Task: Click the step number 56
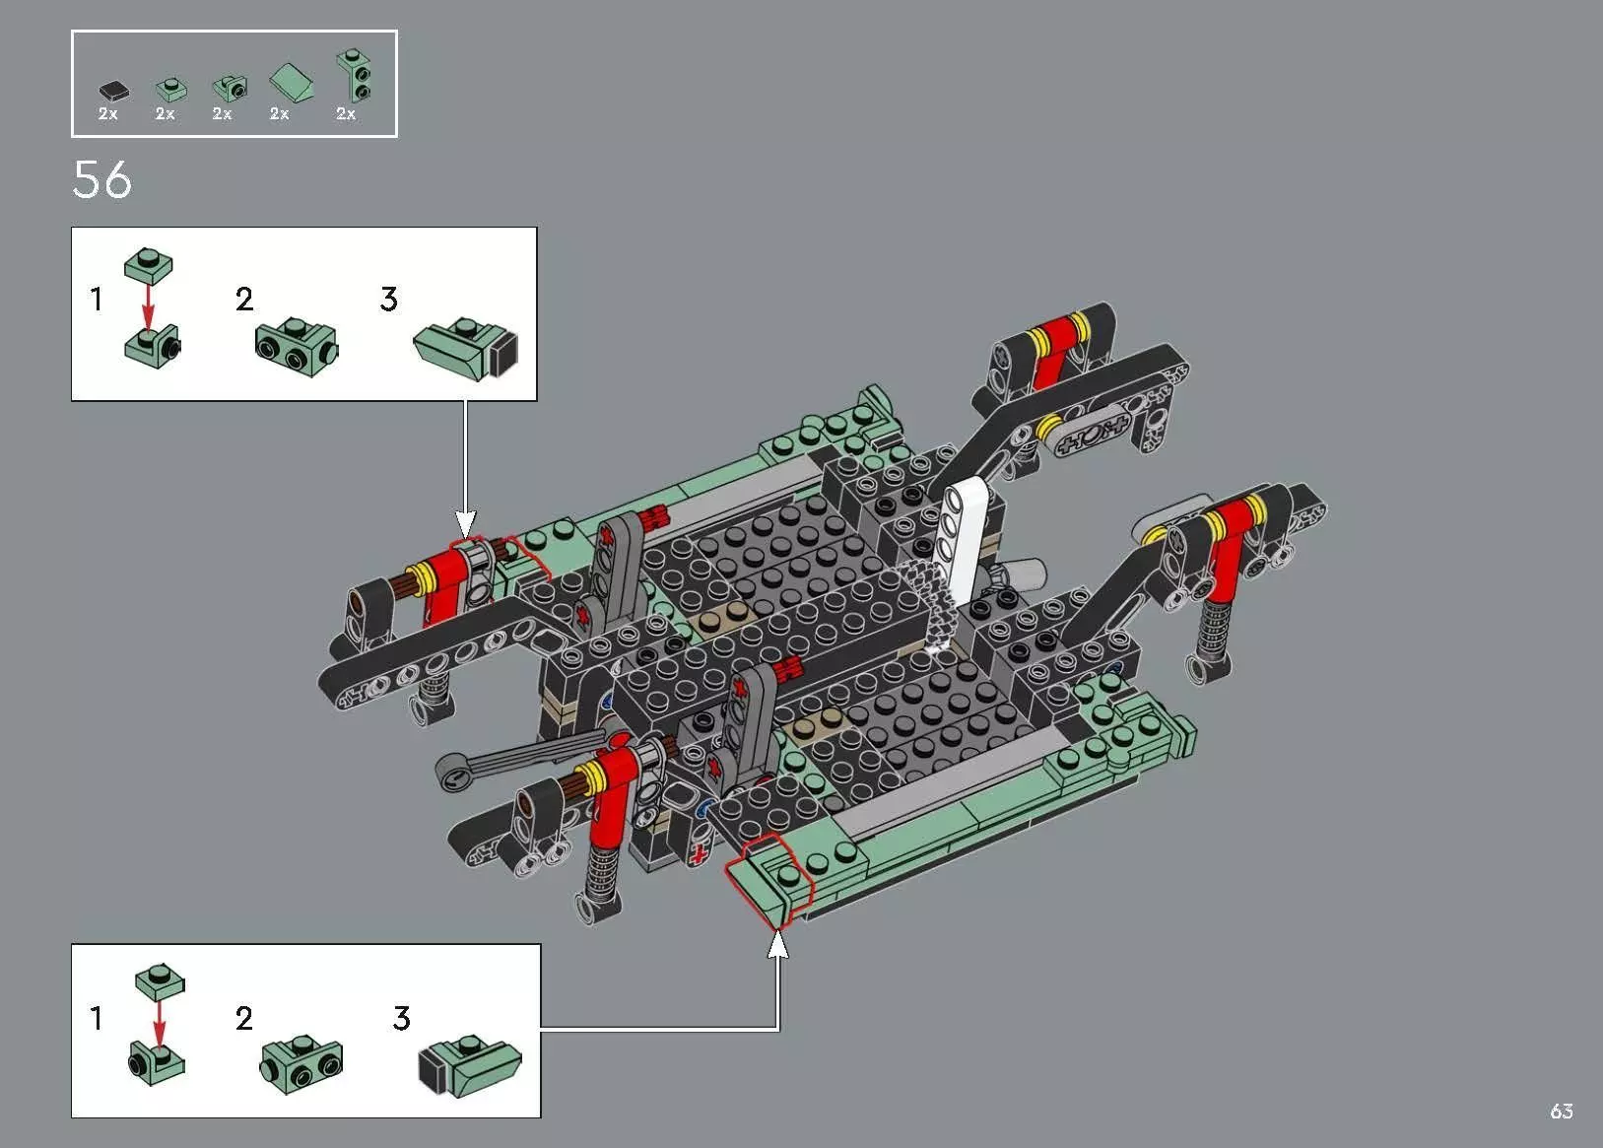tap(101, 180)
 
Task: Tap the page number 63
tap(1561, 1112)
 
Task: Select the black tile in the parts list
tap(114, 91)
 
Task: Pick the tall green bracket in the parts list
tap(355, 77)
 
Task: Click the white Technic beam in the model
tap(961, 537)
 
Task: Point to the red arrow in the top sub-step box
tap(148, 304)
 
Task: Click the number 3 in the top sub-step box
tap(389, 300)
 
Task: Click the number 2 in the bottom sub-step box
tap(243, 1018)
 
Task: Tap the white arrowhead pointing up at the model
tap(778, 944)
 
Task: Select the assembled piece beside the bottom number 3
tap(470, 1065)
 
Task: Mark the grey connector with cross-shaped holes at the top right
tap(1092, 436)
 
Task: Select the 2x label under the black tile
tap(108, 114)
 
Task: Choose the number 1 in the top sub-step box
tap(96, 299)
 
